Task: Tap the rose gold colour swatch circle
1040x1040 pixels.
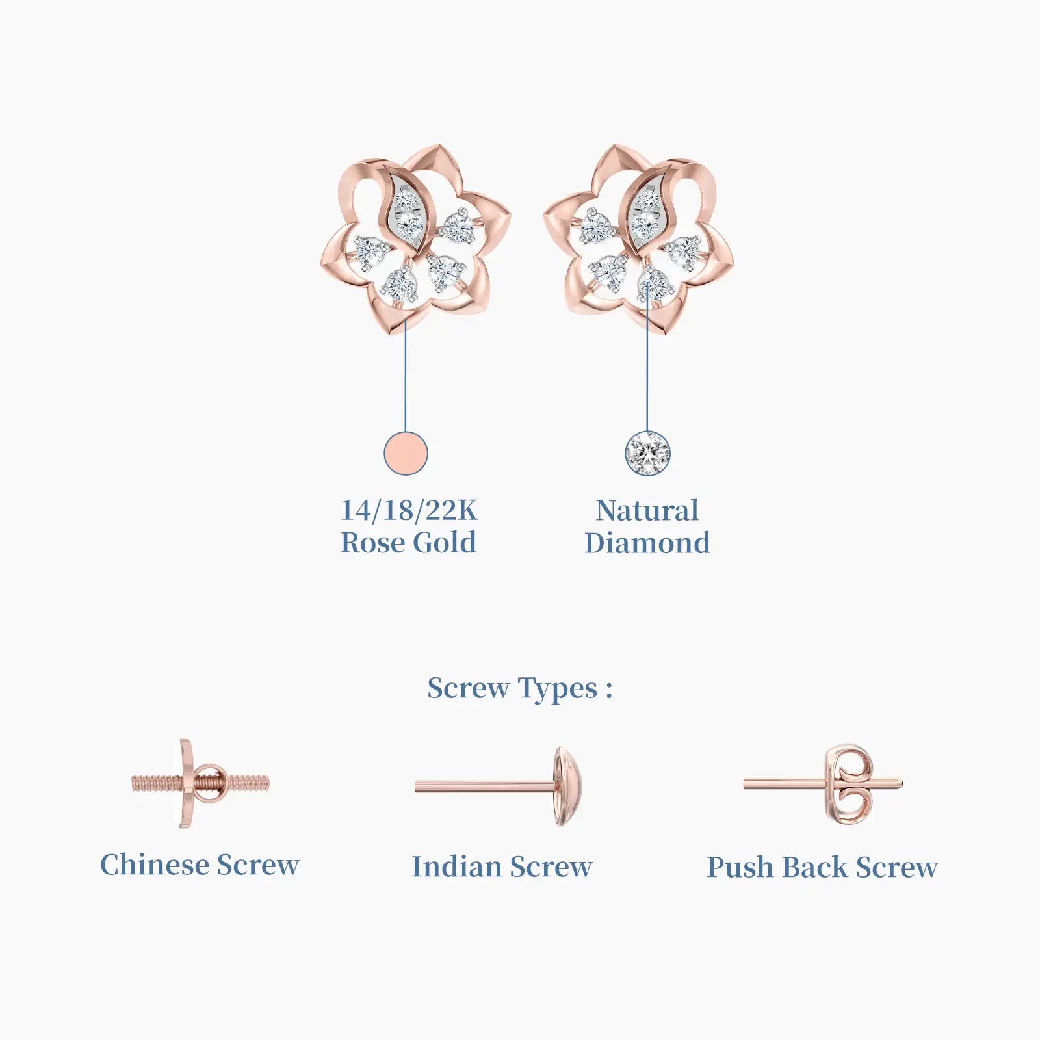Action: (x=406, y=453)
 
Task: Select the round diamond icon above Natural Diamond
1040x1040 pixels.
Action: (x=647, y=453)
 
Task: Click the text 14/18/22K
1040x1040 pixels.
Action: (x=409, y=510)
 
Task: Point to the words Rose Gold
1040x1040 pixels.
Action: (x=409, y=543)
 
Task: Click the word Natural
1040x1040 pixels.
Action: (x=647, y=510)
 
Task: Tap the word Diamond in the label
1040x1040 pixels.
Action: (x=647, y=543)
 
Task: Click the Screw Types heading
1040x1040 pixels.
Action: (x=520, y=688)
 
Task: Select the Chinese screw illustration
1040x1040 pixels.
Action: (x=200, y=783)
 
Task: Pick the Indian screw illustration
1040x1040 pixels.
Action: (x=499, y=786)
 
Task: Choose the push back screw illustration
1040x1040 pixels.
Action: (x=823, y=785)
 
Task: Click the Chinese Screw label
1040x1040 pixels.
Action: (x=200, y=864)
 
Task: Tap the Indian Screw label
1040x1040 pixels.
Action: (x=502, y=866)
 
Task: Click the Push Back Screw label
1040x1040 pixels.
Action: (x=822, y=867)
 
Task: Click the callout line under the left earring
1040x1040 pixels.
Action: (x=406, y=374)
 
